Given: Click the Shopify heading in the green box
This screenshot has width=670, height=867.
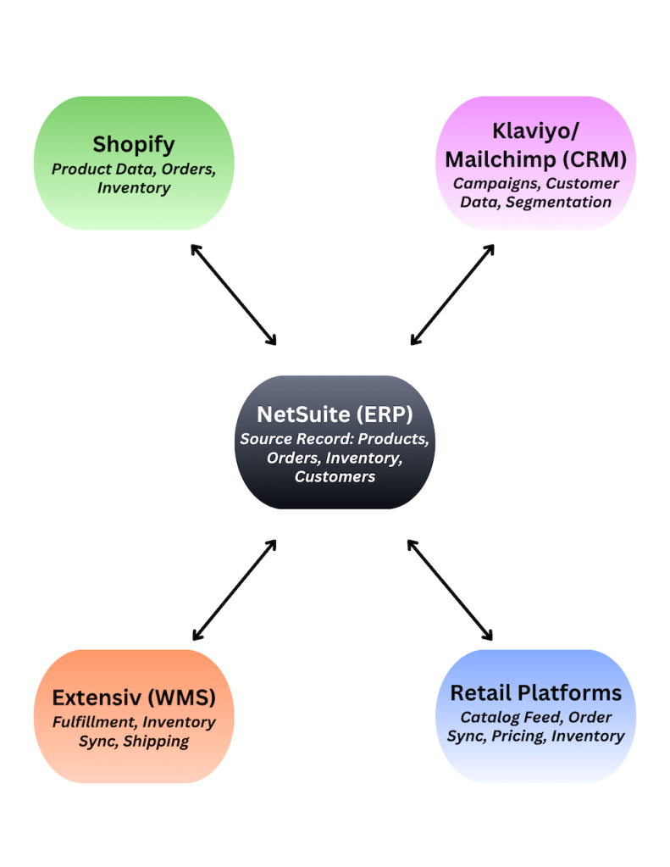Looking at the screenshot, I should [x=133, y=144].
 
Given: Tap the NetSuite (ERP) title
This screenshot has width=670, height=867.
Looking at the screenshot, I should [x=335, y=414].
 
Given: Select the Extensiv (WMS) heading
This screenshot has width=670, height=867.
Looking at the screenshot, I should [x=134, y=697].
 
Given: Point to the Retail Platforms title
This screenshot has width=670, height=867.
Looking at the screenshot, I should [x=535, y=692].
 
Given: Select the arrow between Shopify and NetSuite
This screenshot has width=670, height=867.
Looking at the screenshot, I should [x=234, y=294].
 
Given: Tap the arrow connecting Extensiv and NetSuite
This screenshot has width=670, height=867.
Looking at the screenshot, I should [x=235, y=590].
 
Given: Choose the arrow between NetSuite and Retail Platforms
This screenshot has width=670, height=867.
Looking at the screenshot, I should [x=450, y=589].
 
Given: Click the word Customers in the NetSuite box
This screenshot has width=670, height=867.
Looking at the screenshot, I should [x=335, y=476].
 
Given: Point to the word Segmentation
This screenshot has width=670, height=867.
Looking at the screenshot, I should [x=559, y=202].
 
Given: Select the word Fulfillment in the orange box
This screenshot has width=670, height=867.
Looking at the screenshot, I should [x=94, y=723].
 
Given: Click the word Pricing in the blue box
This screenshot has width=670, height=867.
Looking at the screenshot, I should [x=519, y=736].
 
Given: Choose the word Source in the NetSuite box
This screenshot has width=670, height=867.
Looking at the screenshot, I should [x=266, y=439].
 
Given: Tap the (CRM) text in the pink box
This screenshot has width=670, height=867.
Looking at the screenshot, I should [x=595, y=158].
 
